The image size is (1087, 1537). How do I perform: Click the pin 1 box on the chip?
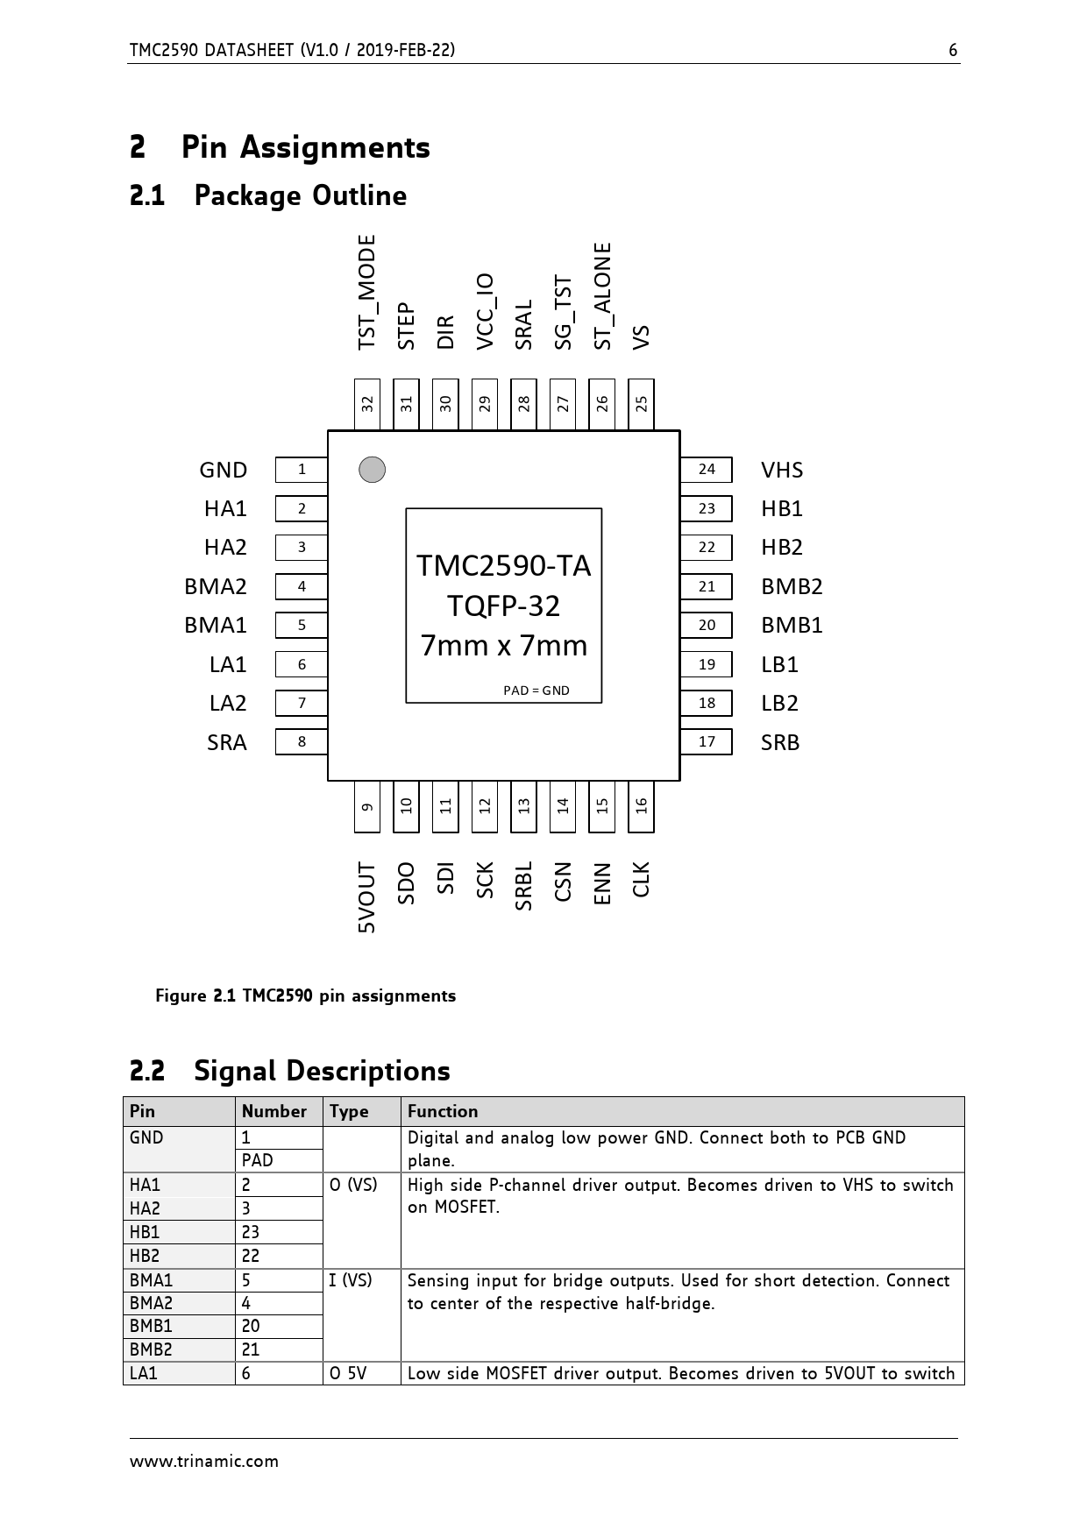point(301,470)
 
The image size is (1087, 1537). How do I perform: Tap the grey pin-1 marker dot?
point(373,470)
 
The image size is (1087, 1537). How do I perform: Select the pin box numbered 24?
point(707,470)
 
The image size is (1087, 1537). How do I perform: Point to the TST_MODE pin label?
point(367,292)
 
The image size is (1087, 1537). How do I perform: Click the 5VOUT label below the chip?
point(367,897)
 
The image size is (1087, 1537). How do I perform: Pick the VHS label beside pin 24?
point(782,471)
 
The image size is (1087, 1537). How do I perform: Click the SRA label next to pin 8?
point(227,743)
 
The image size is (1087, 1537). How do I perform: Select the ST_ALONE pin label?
point(602,296)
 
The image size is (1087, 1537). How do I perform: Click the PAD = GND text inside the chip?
point(536,691)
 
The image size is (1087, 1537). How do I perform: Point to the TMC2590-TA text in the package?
point(503,566)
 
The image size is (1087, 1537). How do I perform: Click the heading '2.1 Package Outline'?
point(268,195)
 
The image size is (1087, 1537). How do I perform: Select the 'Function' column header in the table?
point(443,1111)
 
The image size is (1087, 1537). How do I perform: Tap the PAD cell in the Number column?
point(258,1160)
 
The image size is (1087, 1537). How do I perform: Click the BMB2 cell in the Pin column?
point(151,1349)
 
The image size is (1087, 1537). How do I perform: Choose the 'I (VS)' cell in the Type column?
point(351,1280)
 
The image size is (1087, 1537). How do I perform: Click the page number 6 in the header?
point(953,51)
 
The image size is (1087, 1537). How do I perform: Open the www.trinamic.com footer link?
point(204,1461)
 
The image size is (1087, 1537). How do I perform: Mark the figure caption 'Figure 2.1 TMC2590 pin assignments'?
point(305,995)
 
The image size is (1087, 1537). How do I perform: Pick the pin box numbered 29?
point(485,404)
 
